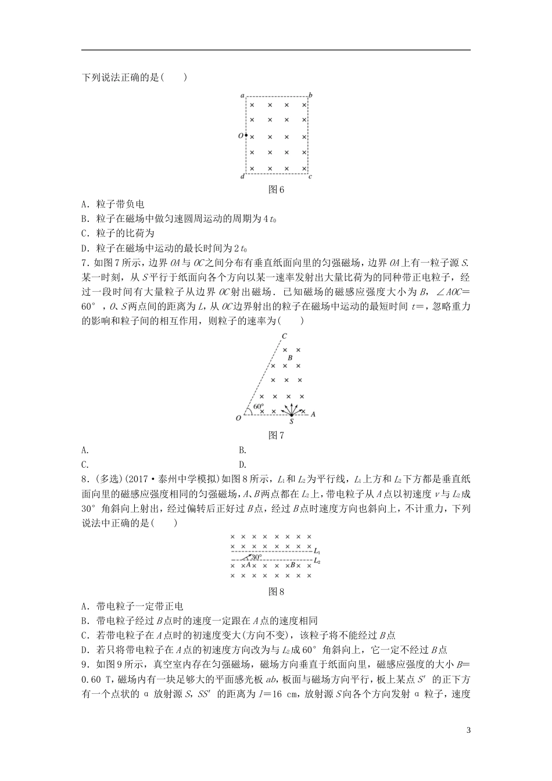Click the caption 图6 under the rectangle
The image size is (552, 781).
point(276,189)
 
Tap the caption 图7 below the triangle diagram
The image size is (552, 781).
point(276,435)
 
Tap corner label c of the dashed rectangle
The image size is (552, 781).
point(311,177)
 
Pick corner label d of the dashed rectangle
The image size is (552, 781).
point(242,177)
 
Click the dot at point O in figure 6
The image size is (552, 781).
point(246,135)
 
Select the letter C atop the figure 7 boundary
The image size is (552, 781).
point(284,336)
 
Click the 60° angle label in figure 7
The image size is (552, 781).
point(259,407)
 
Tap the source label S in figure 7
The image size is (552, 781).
point(291,422)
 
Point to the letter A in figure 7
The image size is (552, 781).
point(313,414)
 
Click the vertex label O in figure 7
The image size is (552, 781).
point(238,418)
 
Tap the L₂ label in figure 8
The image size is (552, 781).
point(317,561)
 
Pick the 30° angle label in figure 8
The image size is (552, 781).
point(257,557)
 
